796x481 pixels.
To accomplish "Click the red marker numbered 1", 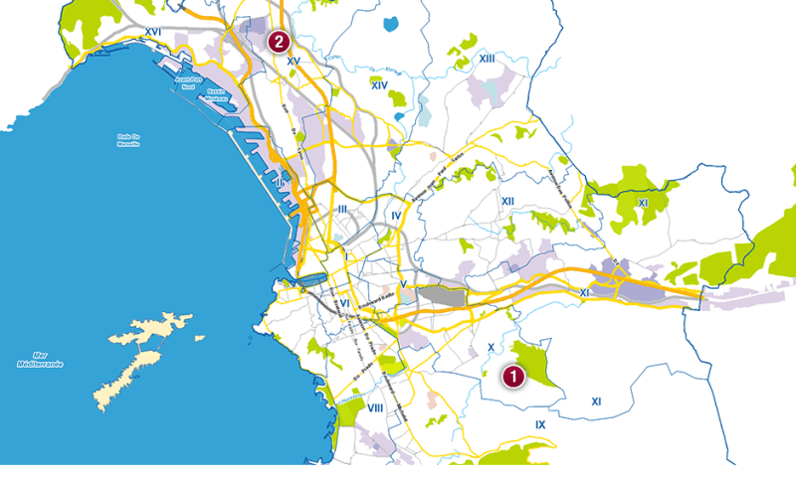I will pyautogui.click(x=512, y=377).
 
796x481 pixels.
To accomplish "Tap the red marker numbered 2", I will pyautogui.click(x=280, y=42).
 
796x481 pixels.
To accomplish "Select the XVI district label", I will pyautogui.click(x=152, y=32).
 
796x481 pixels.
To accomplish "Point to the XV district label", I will pyautogui.click(x=293, y=62).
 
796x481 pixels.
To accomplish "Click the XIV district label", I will pyautogui.click(x=378, y=85).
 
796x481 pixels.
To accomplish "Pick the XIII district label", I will pyautogui.click(x=487, y=59).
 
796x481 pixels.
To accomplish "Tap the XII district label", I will pyautogui.click(x=507, y=202).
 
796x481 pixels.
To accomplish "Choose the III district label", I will pyautogui.click(x=342, y=209).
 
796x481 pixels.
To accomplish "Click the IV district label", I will pyautogui.click(x=396, y=216).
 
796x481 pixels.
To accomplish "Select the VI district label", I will pyautogui.click(x=344, y=303).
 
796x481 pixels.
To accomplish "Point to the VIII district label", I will pyautogui.click(x=375, y=407).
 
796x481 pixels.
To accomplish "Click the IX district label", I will pyautogui.click(x=540, y=424).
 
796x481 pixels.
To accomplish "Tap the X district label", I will pyautogui.click(x=491, y=347).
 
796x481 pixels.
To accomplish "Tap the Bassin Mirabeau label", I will pyautogui.click(x=217, y=95).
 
